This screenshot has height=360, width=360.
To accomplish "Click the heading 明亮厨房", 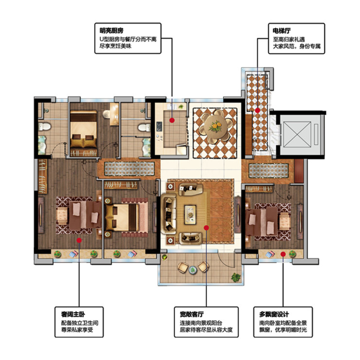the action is [x=111, y=31].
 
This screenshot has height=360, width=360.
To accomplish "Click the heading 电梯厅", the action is [x=282, y=31].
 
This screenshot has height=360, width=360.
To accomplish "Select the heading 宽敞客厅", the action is [x=192, y=314].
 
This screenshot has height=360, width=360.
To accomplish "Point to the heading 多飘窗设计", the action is [x=274, y=314].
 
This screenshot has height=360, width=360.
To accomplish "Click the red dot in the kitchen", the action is [x=172, y=120].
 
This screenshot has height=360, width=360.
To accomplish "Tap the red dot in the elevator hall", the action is [x=258, y=110].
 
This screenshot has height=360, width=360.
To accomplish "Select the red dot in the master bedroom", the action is [x=79, y=240].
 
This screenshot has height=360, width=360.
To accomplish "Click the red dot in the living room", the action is [x=206, y=228].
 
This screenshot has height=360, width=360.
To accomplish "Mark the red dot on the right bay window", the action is [x=283, y=254].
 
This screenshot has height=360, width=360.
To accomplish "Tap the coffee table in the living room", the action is [x=190, y=215].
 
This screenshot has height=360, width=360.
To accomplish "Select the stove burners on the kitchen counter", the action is [x=159, y=127].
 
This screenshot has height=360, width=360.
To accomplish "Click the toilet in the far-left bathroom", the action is [x=44, y=126].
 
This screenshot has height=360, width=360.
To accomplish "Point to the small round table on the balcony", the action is [x=193, y=270].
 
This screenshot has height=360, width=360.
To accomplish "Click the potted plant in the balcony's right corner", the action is [x=236, y=277].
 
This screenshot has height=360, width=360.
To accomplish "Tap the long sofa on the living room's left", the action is [x=168, y=214].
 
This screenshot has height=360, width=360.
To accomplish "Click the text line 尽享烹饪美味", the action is [x=115, y=46].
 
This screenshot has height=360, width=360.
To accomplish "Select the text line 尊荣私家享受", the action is [x=77, y=330].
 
